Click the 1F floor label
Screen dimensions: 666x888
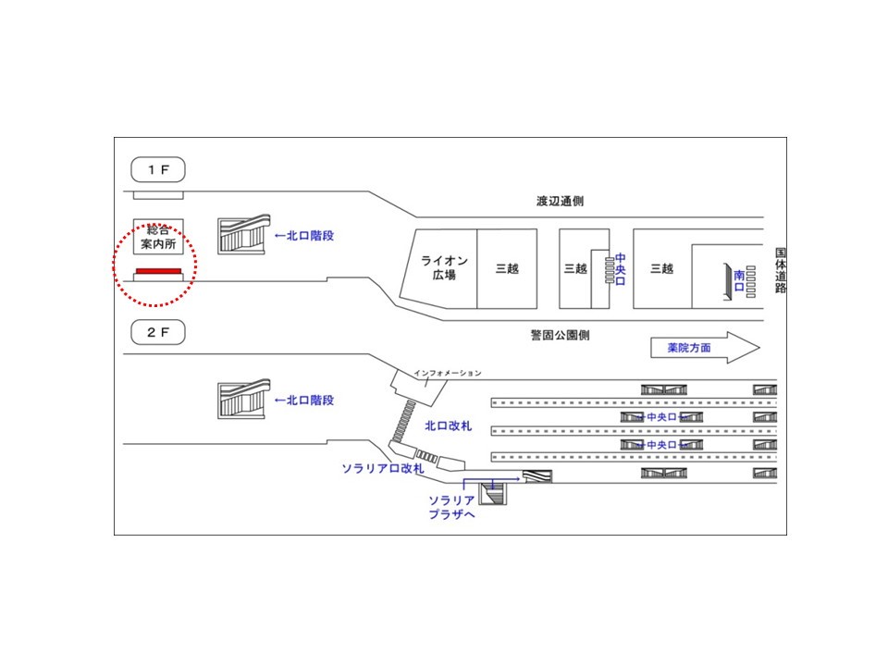158,170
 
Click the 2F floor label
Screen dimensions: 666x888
158,331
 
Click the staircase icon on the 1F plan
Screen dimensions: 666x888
244,235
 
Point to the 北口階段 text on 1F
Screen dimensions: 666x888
303,236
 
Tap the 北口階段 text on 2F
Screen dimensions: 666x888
303,401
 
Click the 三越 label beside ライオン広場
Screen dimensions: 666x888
507,268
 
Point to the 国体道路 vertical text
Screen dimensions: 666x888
780,269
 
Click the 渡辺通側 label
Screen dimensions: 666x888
560,201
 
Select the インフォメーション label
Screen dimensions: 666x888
448,373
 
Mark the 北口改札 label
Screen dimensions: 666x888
448,426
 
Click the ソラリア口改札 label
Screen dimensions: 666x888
383,469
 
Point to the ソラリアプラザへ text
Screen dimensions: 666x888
450,506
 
